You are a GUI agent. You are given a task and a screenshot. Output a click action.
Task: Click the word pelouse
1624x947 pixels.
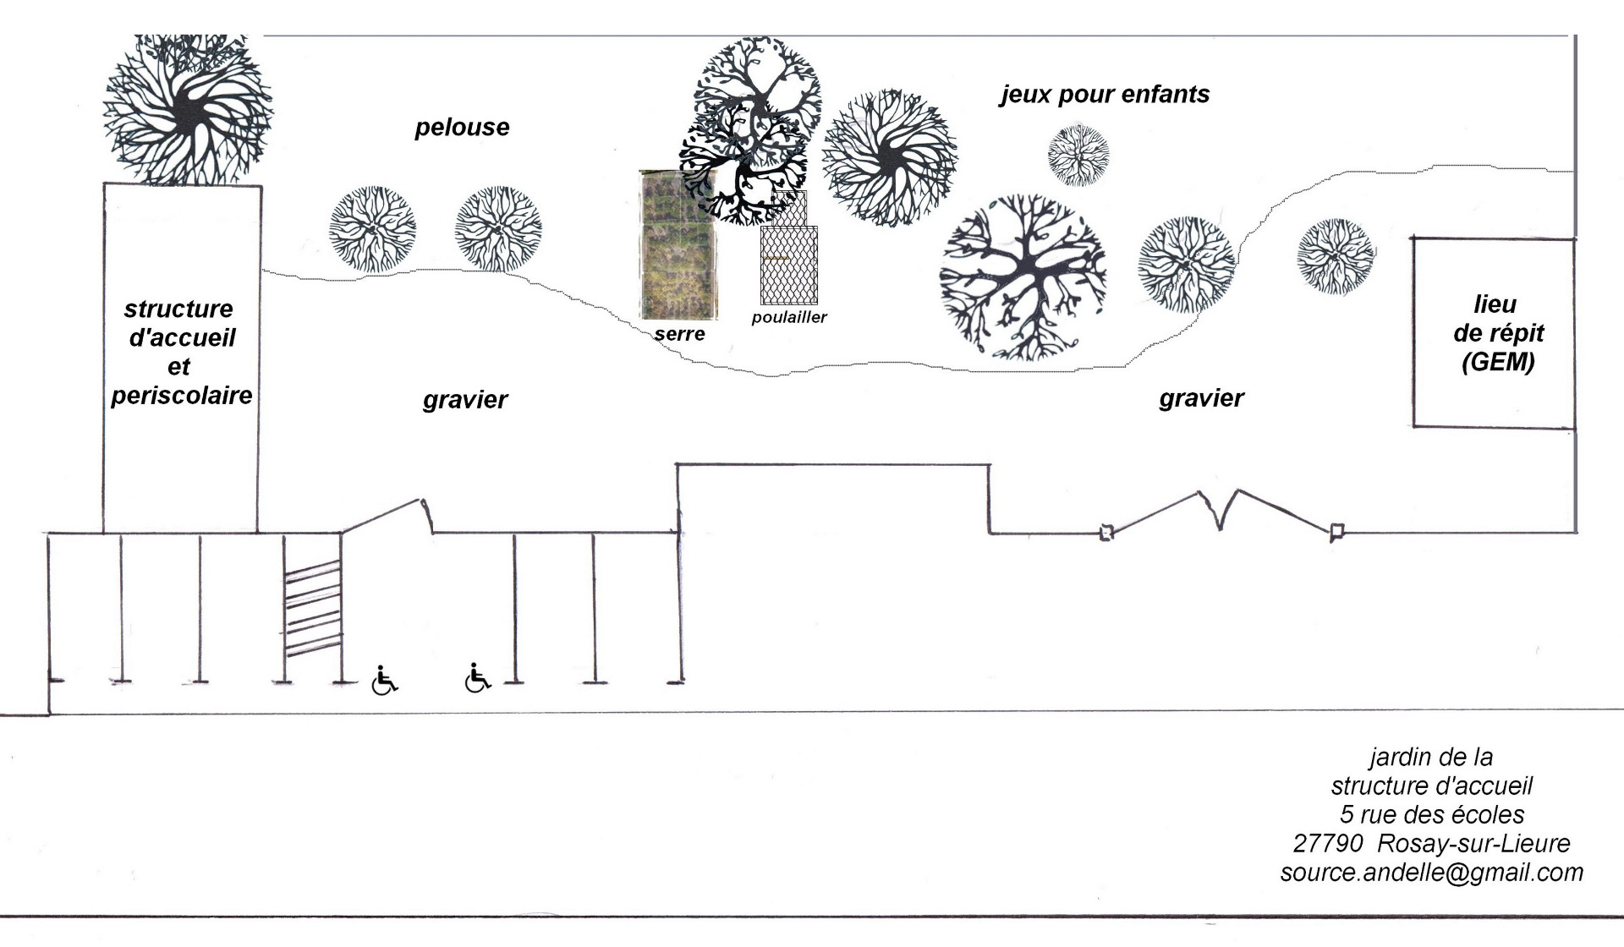pos(462,128)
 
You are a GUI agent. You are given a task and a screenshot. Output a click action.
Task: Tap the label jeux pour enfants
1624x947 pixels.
pos(1105,94)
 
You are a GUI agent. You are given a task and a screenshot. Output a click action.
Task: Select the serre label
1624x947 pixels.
pos(679,334)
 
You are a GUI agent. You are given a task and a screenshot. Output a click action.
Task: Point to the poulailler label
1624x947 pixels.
pos(788,317)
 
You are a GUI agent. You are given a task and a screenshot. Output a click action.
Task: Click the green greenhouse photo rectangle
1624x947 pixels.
pos(677,245)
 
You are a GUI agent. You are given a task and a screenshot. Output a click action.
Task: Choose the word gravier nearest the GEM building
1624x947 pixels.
pos(1201,398)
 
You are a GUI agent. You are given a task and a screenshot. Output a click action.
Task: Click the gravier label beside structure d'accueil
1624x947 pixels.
pos(465,400)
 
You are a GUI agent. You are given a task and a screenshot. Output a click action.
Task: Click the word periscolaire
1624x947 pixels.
pos(182,395)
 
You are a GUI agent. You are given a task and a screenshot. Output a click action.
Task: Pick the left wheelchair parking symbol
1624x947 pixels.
pos(385,680)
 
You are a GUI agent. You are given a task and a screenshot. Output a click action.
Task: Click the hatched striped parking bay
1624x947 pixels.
pos(312,609)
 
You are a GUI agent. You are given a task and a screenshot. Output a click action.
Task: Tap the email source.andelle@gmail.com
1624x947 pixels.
pos(1431,873)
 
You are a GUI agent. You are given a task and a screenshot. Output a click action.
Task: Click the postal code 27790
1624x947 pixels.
pos(1327,843)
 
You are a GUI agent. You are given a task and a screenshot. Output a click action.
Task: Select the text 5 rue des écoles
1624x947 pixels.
pos(1431,814)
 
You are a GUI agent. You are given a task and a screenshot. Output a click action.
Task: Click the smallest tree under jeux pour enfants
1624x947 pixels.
pos(1078,155)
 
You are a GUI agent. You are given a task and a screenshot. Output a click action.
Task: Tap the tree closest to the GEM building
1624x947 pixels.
pos(1336,255)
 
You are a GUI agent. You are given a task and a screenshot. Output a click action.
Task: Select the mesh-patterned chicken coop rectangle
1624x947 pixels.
pos(789,264)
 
